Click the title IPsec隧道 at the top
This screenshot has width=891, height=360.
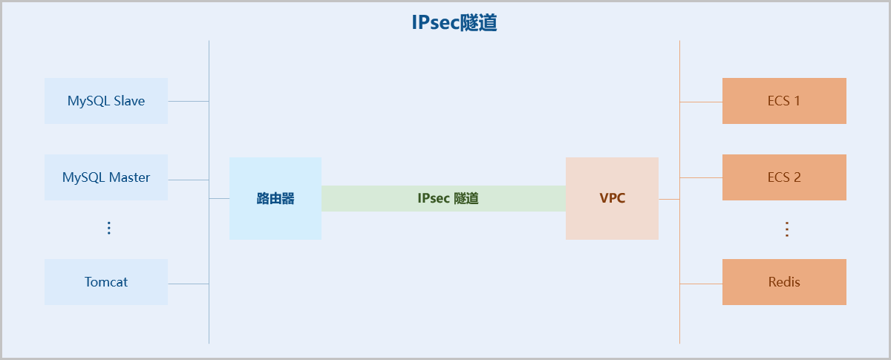[454, 22]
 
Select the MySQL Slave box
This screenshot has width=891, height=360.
[106, 101]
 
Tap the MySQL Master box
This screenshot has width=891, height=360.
[106, 177]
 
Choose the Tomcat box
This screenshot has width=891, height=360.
[106, 282]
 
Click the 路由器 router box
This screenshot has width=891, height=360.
[275, 199]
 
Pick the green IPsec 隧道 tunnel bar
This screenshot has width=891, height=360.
[443, 199]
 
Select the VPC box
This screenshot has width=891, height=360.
[612, 199]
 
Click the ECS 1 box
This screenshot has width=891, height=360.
[784, 101]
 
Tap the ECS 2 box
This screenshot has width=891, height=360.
[784, 177]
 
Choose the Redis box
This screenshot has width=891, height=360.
[784, 282]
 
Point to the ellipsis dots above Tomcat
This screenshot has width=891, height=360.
[108, 228]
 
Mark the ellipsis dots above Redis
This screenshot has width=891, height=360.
[787, 229]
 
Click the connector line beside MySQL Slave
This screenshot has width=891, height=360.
[188, 101]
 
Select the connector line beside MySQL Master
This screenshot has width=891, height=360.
[188, 180]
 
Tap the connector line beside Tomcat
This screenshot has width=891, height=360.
[188, 284]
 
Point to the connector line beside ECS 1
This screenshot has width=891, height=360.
[701, 102]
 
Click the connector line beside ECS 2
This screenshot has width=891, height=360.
[701, 178]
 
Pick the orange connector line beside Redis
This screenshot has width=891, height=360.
[701, 284]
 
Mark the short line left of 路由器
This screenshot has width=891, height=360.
[219, 199]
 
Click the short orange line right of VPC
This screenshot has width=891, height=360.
[669, 199]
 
